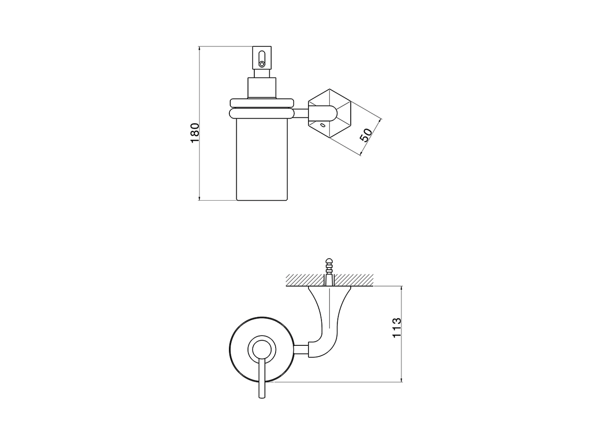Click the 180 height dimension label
click(x=195, y=133)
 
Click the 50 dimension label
click(x=366, y=135)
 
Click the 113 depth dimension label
click(x=397, y=328)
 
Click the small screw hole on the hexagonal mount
click(x=322, y=125)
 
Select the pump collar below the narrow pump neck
click(x=262, y=88)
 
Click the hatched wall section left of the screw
click(x=303, y=280)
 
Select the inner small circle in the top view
click(x=262, y=349)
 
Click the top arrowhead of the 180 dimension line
click(x=199, y=48)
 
